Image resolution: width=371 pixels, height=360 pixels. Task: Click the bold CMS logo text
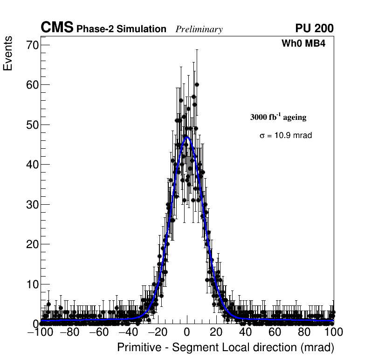click(x=57, y=28)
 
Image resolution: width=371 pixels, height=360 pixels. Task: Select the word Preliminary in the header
click(x=199, y=30)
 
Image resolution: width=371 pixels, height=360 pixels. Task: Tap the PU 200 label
click(x=314, y=28)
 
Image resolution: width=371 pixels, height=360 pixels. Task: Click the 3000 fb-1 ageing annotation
click(x=278, y=117)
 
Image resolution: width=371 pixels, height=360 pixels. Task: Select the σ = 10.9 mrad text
click(x=285, y=135)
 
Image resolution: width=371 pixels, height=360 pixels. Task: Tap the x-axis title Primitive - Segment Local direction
click(x=226, y=347)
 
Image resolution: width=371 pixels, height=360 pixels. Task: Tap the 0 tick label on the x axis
click(x=187, y=332)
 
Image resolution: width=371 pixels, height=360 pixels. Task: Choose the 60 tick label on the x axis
click(x=275, y=332)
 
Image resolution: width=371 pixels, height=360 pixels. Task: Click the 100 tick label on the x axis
click(x=333, y=332)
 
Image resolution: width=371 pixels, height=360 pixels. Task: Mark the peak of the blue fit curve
click(x=187, y=138)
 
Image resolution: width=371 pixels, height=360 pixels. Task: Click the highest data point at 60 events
click(x=197, y=85)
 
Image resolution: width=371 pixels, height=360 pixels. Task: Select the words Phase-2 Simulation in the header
click(x=121, y=29)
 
